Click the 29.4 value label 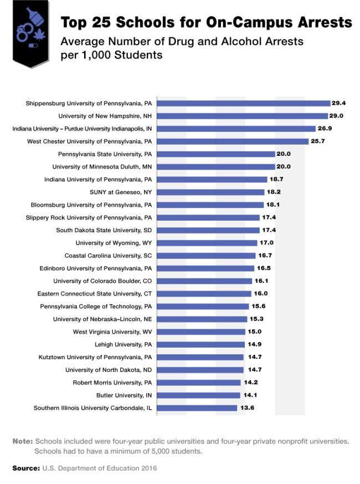[x=338, y=103]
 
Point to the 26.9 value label [x=324, y=129]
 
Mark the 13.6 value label [x=246, y=408]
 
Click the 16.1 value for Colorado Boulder [x=261, y=281]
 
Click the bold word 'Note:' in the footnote [x=23, y=441]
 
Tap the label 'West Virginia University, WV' [x=112, y=332]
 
